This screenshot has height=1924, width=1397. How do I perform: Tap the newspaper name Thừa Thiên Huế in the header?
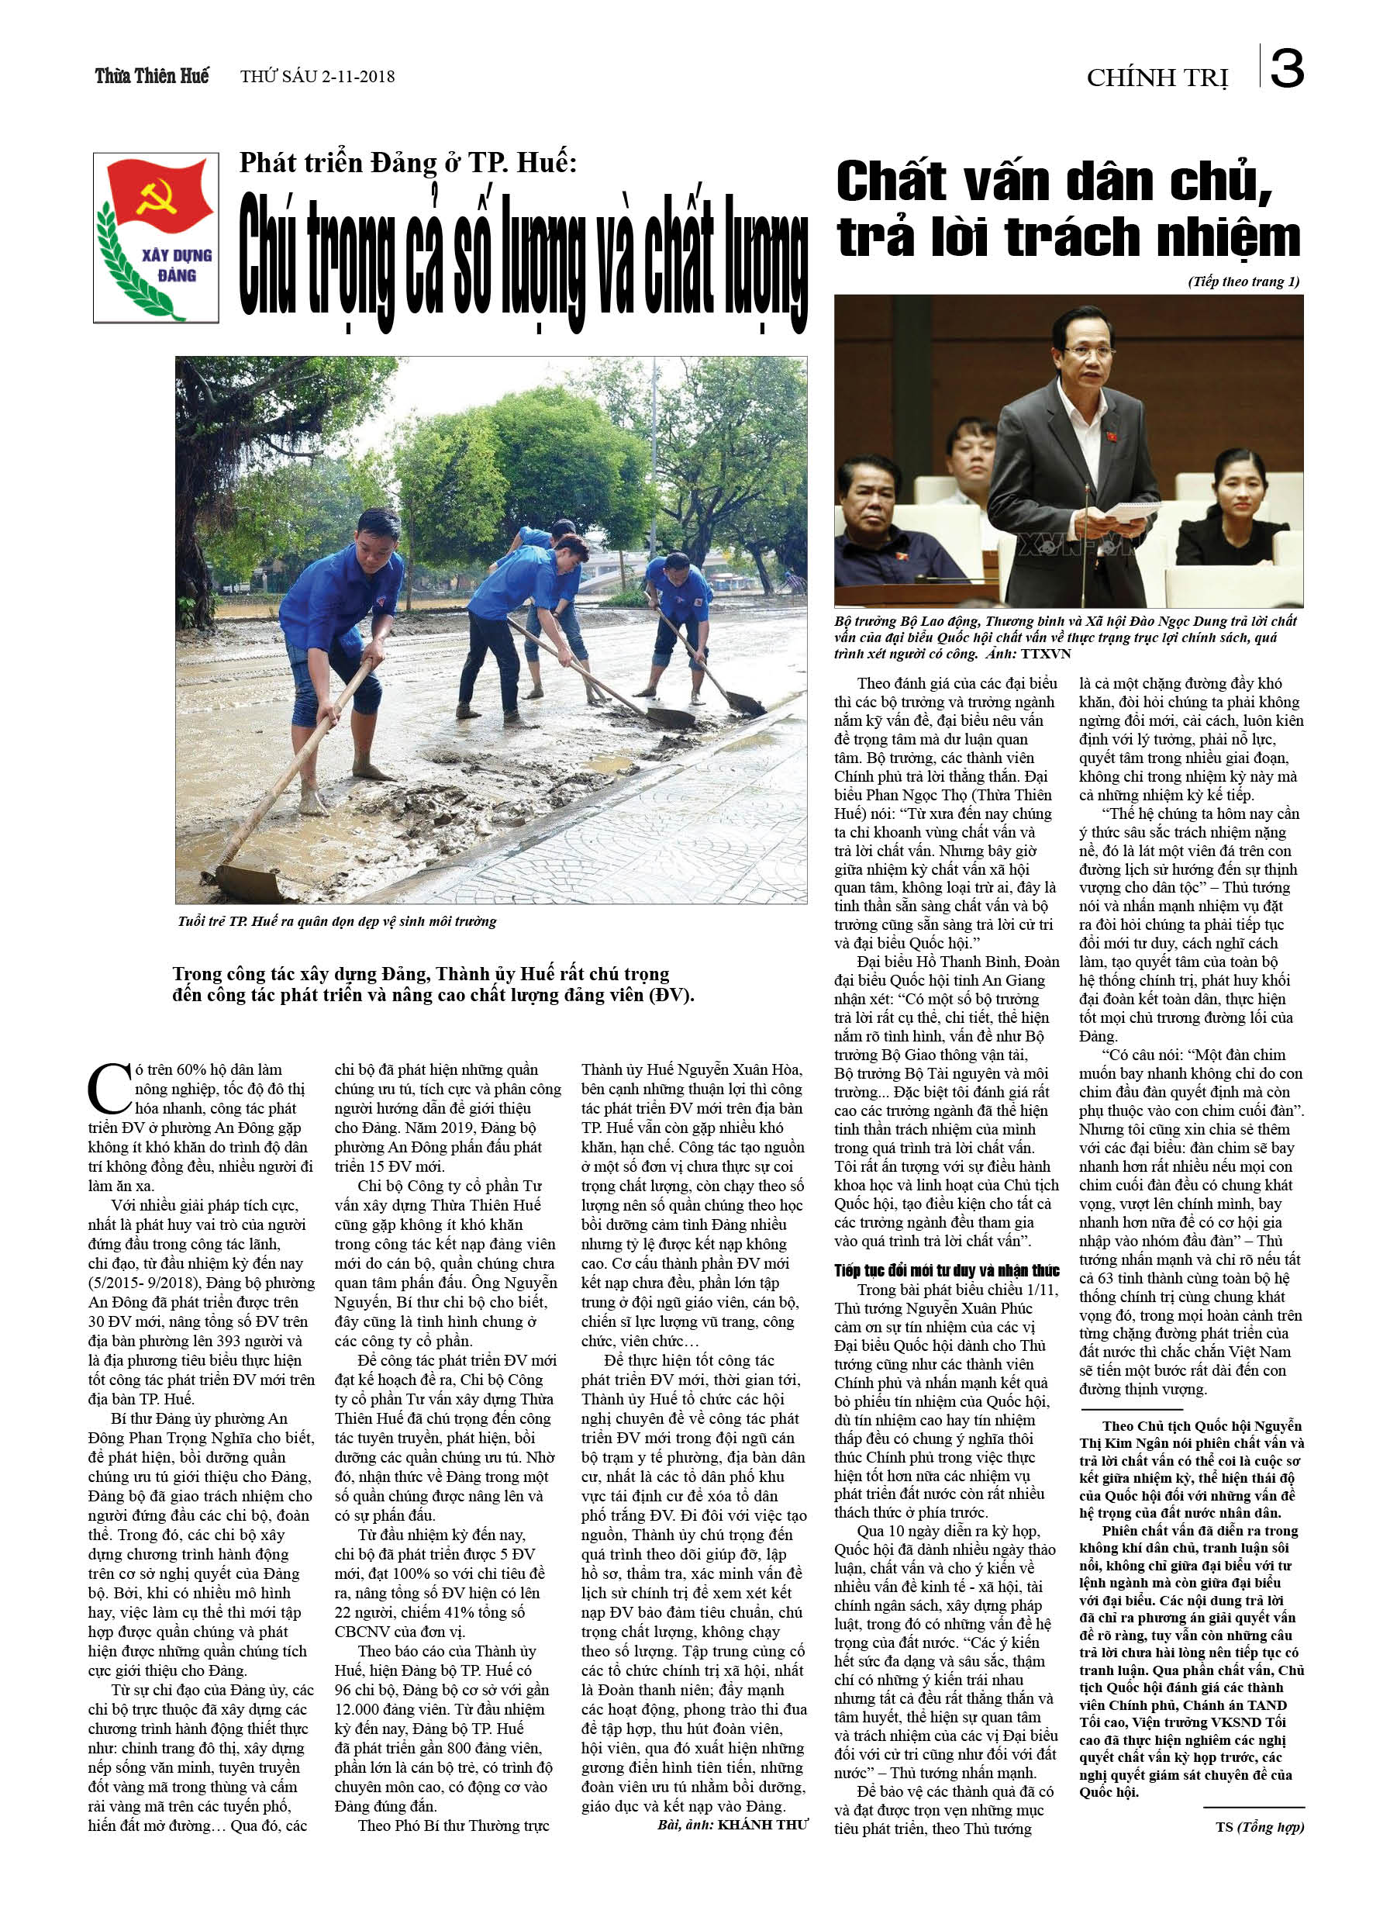pyautogui.click(x=152, y=76)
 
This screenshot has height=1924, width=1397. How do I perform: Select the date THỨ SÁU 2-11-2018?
pyautogui.click(x=317, y=76)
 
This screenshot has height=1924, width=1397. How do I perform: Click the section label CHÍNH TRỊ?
pyautogui.click(x=1157, y=78)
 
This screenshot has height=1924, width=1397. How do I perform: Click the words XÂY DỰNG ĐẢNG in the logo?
pyautogui.click(x=177, y=264)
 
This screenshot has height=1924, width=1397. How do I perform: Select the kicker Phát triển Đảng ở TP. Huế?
pyautogui.click(x=408, y=162)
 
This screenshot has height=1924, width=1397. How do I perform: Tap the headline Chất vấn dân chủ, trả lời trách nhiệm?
pyautogui.click(x=1067, y=209)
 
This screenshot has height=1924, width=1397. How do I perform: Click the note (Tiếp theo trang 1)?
pyautogui.click(x=1243, y=282)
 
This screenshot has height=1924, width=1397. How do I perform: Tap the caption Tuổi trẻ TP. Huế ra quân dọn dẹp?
pyautogui.click(x=336, y=921)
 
